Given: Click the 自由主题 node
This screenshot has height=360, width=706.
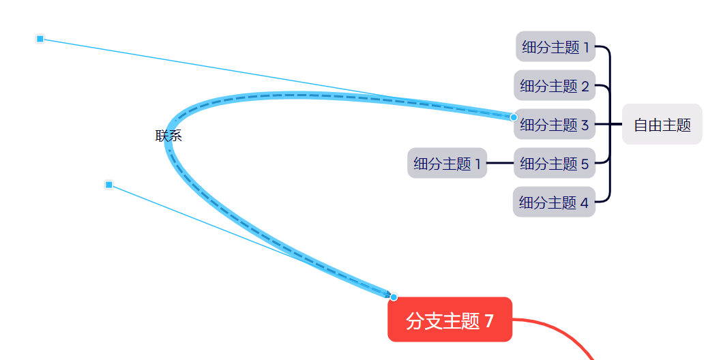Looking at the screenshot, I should point(662,125).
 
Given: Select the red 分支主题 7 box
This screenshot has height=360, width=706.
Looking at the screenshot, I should point(450,320).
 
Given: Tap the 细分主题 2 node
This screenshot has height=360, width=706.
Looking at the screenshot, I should point(555,86).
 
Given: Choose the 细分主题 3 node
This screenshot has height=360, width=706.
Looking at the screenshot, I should point(555,125).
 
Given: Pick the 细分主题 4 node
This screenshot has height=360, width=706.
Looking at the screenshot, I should point(554,202).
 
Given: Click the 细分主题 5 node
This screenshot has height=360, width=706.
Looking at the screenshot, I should point(555,164).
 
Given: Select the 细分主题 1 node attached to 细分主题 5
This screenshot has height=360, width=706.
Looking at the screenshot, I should point(447,164).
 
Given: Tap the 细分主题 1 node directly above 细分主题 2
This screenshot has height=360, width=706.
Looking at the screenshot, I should point(555,47).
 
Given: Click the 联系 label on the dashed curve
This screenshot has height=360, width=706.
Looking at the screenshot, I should point(168,136).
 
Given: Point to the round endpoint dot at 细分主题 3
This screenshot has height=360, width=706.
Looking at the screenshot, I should point(514,117).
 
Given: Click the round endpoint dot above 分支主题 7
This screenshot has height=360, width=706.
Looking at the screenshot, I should point(394,297).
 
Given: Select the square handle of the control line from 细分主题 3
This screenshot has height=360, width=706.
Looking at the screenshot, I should point(40,39).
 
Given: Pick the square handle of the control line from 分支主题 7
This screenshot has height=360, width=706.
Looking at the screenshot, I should point(109,185).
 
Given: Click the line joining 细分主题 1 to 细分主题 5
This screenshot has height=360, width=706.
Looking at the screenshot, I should point(500,164).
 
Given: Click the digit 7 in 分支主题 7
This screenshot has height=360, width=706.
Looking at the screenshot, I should point(489,320).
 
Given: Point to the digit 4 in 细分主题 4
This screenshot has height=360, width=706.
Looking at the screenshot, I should point(584,202).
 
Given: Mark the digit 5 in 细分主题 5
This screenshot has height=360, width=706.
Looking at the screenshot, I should point(585,164).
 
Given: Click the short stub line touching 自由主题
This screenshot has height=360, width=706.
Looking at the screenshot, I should point(616,125).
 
